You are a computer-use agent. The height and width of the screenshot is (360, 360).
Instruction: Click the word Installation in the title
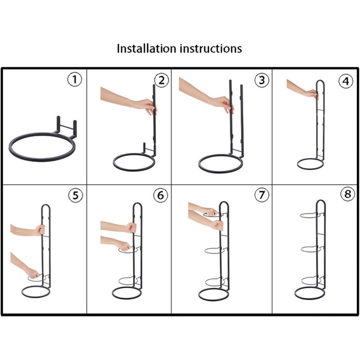pos(147,48)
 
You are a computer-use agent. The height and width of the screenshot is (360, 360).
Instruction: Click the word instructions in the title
pos(211,48)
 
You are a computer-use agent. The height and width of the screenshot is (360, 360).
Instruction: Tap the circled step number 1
pos(75,79)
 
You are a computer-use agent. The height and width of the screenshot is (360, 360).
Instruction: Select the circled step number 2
pos(161,80)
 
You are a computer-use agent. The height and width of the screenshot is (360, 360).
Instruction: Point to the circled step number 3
pos(262,80)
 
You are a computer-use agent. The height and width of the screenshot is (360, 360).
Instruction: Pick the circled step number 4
pos(346,81)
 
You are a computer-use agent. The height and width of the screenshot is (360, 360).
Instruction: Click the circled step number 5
pos(75,195)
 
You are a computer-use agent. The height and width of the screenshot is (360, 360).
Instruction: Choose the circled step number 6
pos(160,195)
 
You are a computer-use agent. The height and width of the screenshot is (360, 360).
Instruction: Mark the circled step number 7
pos(262,195)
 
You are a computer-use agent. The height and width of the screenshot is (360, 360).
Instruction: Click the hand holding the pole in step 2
pos(146,106)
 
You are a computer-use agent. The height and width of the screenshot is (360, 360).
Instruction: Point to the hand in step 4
pos(312,94)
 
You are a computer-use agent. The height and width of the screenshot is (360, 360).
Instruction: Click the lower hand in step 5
pos(33,274)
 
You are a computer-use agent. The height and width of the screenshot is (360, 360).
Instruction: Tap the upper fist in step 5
pos(40,230)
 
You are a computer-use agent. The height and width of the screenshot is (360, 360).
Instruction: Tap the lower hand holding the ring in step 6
pos(124,246)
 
